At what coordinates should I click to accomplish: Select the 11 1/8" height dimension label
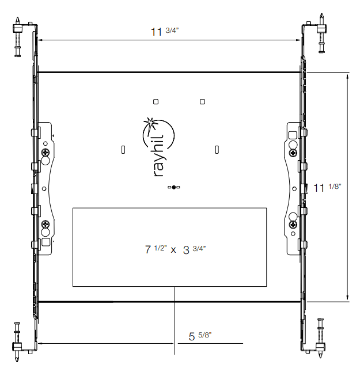327,187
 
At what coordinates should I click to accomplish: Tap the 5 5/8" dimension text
200,336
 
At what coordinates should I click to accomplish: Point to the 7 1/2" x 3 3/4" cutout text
175,249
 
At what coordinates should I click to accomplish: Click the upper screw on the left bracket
45,153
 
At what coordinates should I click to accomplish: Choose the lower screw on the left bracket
45,224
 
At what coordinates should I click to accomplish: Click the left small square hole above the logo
156,102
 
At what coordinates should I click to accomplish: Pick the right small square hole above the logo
202,102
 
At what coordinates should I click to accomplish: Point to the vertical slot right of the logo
217,150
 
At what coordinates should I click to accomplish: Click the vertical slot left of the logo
123,150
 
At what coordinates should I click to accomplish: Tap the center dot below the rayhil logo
173,187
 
